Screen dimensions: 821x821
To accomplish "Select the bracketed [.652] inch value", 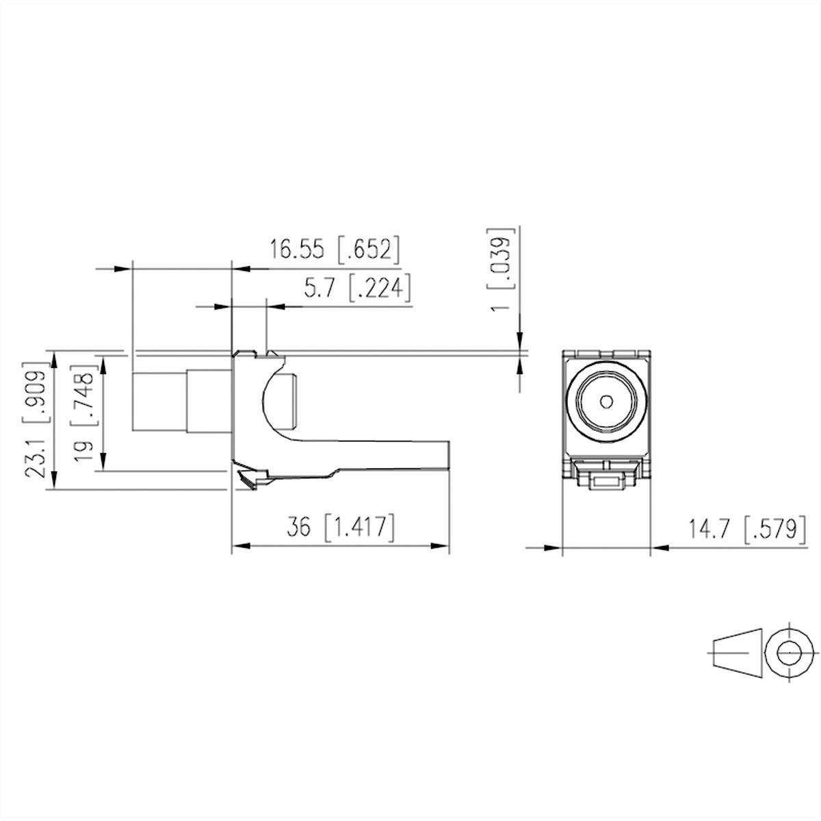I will [367, 250].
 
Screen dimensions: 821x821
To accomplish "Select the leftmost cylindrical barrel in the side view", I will [158, 402].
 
